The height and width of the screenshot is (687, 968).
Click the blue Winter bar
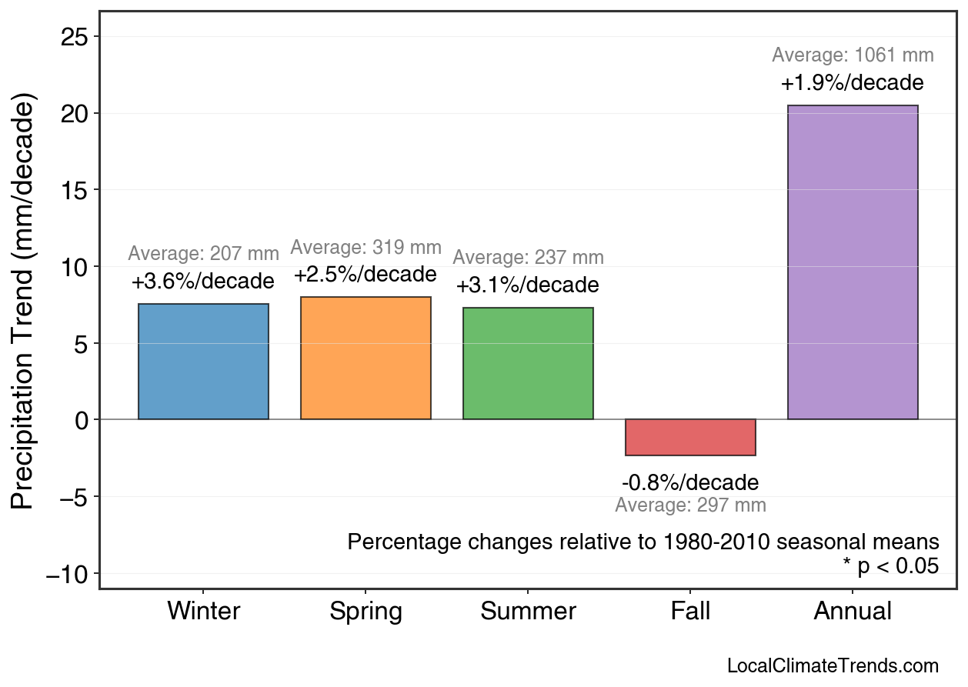203,362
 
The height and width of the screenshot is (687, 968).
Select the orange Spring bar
366,359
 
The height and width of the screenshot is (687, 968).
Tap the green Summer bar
528,364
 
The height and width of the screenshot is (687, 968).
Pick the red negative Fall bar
690,437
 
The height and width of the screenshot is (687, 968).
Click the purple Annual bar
853,262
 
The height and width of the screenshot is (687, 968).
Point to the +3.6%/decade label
202,281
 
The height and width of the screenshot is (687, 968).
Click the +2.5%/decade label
365,275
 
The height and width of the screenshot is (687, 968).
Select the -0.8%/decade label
690,483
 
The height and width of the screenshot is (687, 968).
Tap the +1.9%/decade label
852,83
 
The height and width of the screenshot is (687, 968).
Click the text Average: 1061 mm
853,55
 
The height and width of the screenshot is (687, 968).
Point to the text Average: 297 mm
690,505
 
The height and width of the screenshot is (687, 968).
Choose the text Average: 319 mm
366,248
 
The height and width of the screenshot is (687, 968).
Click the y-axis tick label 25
75,37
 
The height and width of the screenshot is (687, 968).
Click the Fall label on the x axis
690,612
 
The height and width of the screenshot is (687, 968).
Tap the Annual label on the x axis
853,612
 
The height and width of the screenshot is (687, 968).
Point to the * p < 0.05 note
890,566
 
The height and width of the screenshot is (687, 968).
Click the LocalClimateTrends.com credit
833,666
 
